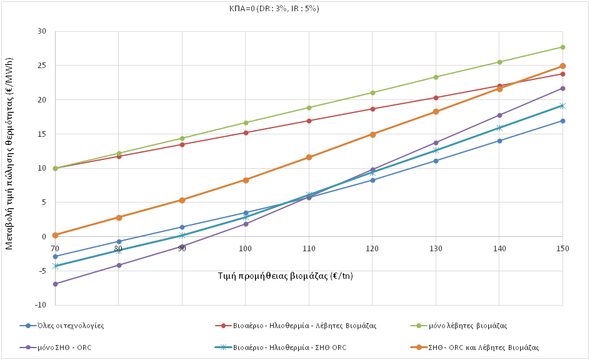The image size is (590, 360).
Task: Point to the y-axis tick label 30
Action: pyautogui.click(x=42, y=31)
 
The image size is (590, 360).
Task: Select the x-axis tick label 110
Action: pyautogui.click(x=309, y=248)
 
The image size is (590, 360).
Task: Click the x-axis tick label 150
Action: pyautogui.click(x=562, y=248)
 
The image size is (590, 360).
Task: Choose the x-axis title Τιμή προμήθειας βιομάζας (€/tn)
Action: pyautogui.click(x=285, y=275)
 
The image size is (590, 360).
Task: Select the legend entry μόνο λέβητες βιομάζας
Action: pyautogui.click(x=462, y=326)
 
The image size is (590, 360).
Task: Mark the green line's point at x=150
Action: pyautogui.click(x=562, y=47)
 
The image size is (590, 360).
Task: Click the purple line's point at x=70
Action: pyautogui.click(x=55, y=284)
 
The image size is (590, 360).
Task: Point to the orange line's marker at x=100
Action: pyautogui.click(x=246, y=180)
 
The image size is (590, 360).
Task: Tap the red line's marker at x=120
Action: pyautogui.click(x=372, y=109)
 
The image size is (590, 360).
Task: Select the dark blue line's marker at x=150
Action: pyautogui.click(x=562, y=121)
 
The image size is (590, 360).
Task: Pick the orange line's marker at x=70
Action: pyautogui.click(x=55, y=235)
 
